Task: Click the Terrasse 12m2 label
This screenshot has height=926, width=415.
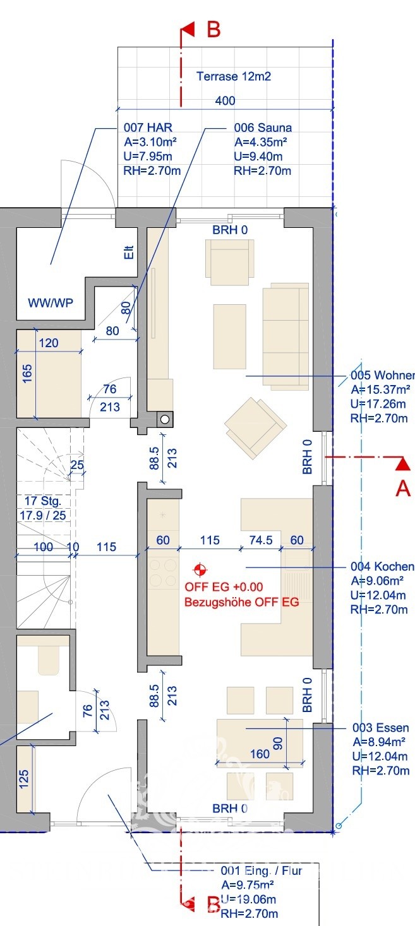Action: [x=233, y=76]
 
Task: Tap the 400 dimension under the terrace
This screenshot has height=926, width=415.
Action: [x=225, y=101]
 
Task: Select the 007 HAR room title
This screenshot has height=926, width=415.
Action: [x=148, y=128]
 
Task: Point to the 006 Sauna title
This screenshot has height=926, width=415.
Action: [x=263, y=128]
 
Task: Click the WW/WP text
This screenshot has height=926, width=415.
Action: [x=51, y=303]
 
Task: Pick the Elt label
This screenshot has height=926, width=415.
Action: [x=129, y=252]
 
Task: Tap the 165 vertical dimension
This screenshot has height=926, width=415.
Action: [x=27, y=374]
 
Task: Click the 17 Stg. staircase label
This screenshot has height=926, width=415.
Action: [x=42, y=501]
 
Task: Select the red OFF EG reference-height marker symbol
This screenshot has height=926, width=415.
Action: [x=200, y=569]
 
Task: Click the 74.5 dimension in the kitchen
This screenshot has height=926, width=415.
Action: [x=261, y=540]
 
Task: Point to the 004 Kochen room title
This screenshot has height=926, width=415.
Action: [x=382, y=566]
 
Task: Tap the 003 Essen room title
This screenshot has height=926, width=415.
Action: [x=380, y=728]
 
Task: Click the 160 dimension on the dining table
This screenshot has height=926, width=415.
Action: [x=260, y=754]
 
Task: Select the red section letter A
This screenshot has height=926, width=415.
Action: [x=403, y=488]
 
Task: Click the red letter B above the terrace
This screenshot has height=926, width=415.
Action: [x=214, y=30]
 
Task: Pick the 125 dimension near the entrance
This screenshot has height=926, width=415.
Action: [x=24, y=779]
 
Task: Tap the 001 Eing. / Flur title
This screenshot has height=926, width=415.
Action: [x=262, y=871]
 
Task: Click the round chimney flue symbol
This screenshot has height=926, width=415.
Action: [x=165, y=420]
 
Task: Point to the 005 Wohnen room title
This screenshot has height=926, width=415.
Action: [x=382, y=376]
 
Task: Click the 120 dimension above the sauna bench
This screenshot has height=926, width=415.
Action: [x=49, y=343]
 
